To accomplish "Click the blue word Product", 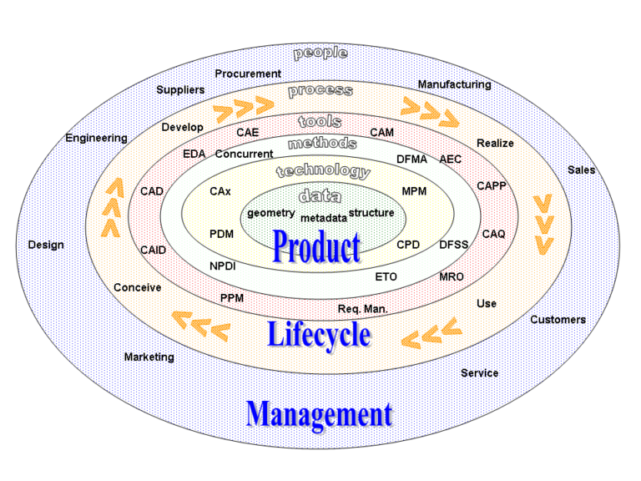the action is [316, 246].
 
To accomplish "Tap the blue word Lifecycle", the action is [319, 335].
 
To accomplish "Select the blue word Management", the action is [320, 415].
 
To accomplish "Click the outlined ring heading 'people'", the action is [320, 53].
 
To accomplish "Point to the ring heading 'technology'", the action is [323, 171].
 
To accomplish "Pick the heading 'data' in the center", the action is [320, 196].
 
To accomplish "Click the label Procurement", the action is [248, 73].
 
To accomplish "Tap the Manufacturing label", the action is [454, 84].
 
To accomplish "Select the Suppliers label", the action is [180, 90].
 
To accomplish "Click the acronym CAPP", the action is [492, 185].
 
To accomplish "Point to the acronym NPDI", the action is [222, 266].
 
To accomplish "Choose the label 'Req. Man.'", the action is [362, 309].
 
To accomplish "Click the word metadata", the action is [324, 219].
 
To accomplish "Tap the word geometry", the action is [271, 213].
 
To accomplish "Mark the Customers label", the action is [558, 320].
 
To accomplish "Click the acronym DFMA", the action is [411, 159].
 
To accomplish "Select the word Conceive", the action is [138, 287].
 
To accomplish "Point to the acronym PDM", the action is [221, 234].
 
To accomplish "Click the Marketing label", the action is [149, 357].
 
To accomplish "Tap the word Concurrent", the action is [244, 154].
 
